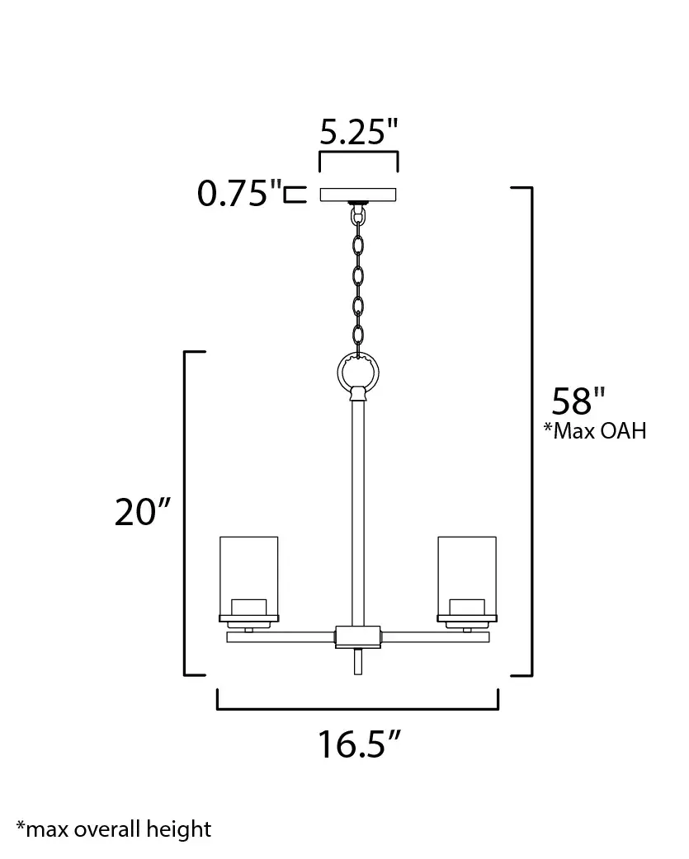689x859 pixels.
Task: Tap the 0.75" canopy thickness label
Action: tap(239, 193)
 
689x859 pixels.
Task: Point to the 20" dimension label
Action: tap(143, 512)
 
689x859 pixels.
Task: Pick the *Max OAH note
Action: tap(595, 431)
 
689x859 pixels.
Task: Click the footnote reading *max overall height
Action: tap(114, 829)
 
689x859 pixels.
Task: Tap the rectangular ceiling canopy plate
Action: tap(358, 195)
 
